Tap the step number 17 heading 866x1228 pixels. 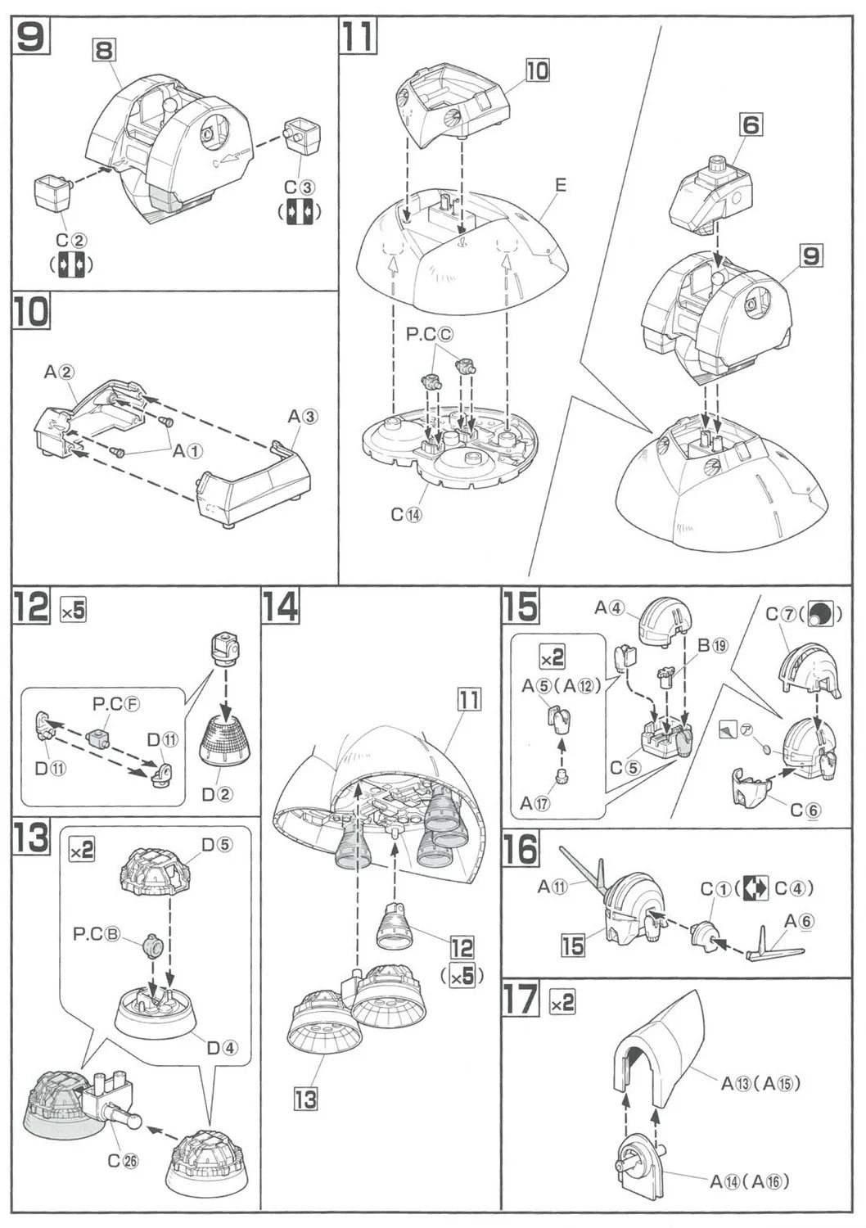(521, 1000)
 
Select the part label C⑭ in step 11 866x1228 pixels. (408, 514)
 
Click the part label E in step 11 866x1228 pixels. (560, 185)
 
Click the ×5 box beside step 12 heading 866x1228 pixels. (73, 610)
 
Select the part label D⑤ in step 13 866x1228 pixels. (217, 844)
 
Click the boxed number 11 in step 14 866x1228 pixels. (469, 700)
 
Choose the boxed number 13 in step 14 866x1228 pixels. (305, 1098)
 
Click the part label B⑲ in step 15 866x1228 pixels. (712, 645)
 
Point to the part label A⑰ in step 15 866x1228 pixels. (537, 803)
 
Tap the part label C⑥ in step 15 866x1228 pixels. (805, 810)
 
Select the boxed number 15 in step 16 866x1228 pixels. (573, 946)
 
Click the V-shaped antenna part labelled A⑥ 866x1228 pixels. (774, 948)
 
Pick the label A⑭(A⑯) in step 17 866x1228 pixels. (749, 1181)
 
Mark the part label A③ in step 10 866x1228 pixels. (302, 416)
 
